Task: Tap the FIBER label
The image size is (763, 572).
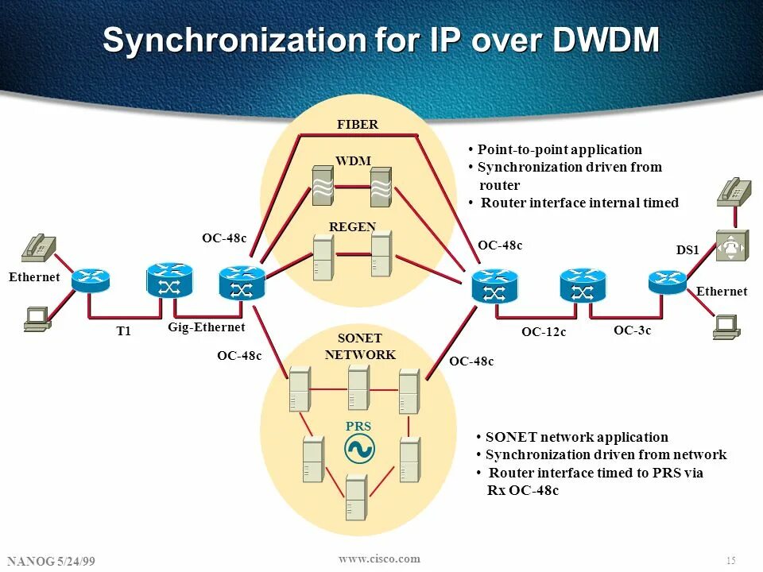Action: (x=358, y=125)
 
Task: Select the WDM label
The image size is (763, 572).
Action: (x=354, y=160)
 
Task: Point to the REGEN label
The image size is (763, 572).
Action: (x=352, y=226)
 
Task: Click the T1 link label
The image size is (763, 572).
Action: (x=124, y=331)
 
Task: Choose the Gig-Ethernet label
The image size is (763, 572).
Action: (x=207, y=327)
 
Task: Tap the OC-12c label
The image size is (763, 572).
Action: (x=544, y=332)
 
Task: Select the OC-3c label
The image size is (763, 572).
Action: (x=632, y=330)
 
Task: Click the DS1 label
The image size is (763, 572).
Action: (x=687, y=249)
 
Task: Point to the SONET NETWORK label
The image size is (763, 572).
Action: (x=360, y=346)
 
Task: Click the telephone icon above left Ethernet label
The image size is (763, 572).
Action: (x=38, y=248)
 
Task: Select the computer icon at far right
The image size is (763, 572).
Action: (x=727, y=327)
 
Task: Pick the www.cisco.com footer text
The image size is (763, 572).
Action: (x=379, y=558)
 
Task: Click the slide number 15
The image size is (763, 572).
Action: (x=731, y=561)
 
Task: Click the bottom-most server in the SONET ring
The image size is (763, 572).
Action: (x=356, y=497)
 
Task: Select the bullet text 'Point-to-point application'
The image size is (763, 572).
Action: (x=559, y=149)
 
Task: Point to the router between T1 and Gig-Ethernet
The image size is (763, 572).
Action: (x=169, y=280)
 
